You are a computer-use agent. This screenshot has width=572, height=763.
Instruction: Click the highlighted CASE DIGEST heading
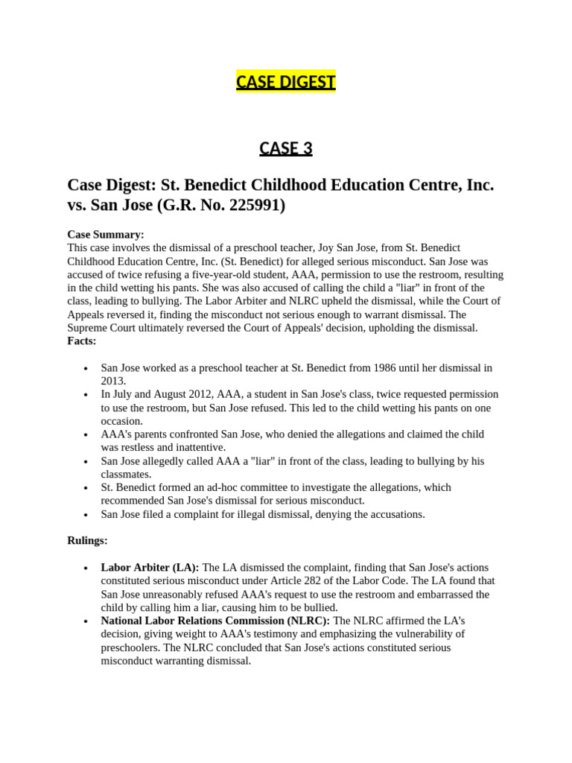286,81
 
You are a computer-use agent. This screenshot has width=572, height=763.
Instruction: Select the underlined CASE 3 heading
286,148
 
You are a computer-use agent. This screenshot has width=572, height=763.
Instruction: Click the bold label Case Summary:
106,234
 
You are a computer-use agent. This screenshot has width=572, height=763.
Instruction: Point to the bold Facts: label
82,341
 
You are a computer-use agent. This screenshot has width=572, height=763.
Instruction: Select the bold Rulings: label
87,540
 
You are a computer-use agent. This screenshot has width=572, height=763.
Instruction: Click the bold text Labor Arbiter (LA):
150,567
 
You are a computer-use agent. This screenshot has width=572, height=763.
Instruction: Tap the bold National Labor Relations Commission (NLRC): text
215,621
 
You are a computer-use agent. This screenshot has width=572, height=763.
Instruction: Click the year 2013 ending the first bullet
113,381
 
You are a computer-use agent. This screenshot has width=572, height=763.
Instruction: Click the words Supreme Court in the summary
101,328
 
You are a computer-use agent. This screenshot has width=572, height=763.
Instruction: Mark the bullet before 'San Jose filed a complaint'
86,515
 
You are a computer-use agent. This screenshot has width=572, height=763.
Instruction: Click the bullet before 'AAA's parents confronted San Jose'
86,434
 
